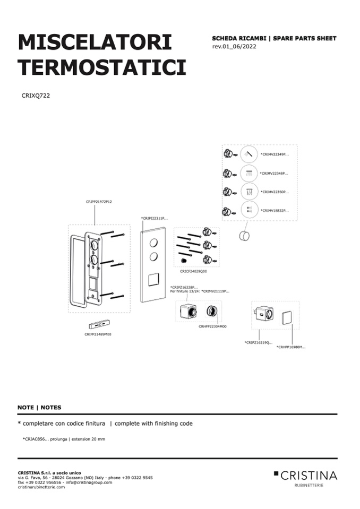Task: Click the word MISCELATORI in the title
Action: [x=95, y=42]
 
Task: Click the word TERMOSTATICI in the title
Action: [x=102, y=67]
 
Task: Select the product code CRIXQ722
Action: [x=36, y=96]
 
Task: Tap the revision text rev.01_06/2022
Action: [x=234, y=46]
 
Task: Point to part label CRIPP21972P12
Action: [x=99, y=202]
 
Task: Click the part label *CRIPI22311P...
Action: [x=155, y=218]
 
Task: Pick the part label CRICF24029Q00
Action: [x=193, y=271]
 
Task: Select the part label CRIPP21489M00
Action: [x=98, y=334]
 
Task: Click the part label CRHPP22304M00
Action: [x=212, y=326]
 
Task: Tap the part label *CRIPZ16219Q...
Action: [x=259, y=342]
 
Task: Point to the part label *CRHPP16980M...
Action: [x=291, y=347]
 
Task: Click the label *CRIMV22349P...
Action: [x=275, y=154]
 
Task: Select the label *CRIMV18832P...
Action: [x=275, y=210]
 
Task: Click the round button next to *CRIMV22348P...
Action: [x=249, y=173]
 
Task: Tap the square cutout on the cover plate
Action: [x=153, y=280]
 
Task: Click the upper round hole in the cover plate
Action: [x=153, y=243]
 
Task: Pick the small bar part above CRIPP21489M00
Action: [x=99, y=324]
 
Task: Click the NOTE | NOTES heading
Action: [x=39, y=408]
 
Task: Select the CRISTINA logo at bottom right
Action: [x=305, y=478]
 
